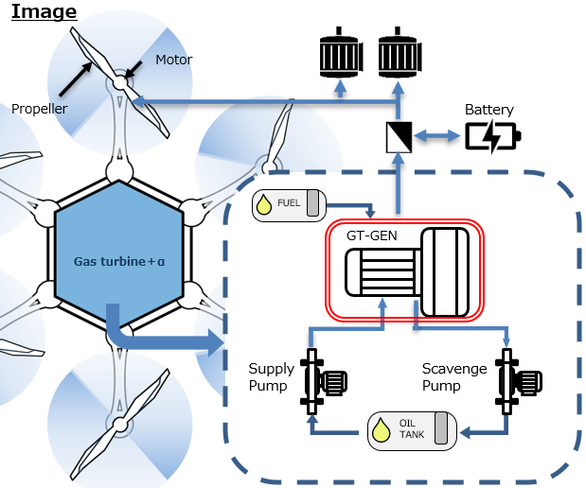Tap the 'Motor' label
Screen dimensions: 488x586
click(173, 60)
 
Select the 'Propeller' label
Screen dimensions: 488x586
click(39, 109)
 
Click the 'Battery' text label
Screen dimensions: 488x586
click(489, 110)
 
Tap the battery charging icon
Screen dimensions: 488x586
click(491, 137)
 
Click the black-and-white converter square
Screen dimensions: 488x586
click(400, 137)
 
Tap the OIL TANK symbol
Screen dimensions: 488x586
click(412, 430)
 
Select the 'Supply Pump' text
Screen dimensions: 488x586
click(271, 376)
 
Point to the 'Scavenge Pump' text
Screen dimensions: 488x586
click(454, 376)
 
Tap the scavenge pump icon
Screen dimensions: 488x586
click(517, 380)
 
